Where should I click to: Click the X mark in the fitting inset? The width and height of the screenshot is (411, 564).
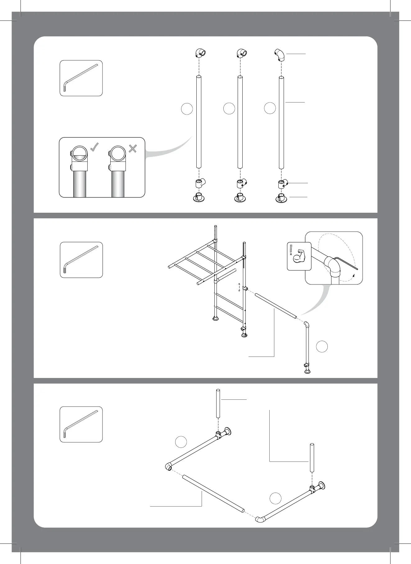click(x=133, y=148)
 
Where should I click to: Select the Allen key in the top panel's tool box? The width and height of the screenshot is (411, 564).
click(x=81, y=78)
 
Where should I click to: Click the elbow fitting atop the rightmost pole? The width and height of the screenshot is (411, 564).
click(x=280, y=55)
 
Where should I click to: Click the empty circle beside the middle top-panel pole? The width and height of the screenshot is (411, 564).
click(x=229, y=108)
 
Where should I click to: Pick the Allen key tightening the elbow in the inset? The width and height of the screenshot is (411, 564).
click(x=346, y=262)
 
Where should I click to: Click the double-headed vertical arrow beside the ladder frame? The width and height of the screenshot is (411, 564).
click(x=239, y=287)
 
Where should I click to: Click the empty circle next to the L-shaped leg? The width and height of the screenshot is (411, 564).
click(x=322, y=346)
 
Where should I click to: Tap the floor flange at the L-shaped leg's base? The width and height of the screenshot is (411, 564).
click(x=308, y=371)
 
